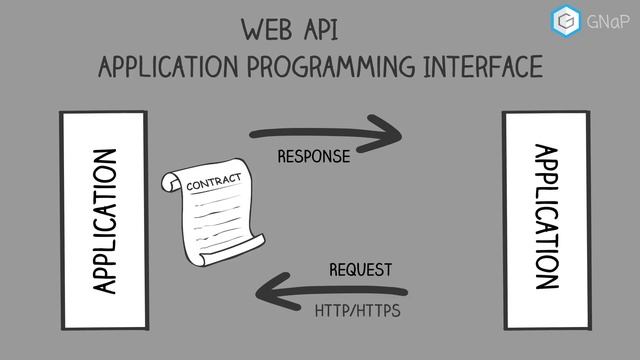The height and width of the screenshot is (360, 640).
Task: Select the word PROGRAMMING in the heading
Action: click(328, 68)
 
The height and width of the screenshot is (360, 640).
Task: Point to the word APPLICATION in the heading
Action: click(165, 68)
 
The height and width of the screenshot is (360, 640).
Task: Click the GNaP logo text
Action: click(609, 19)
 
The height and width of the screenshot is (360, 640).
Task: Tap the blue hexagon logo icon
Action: click(567, 19)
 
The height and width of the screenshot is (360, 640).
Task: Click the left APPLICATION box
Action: click(103, 220)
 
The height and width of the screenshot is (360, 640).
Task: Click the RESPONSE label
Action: click(313, 157)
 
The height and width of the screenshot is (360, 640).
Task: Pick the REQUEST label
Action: click(360, 270)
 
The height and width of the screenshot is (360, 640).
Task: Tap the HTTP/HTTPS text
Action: click(357, 311)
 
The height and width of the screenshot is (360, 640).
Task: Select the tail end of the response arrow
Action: click(254, 133)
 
